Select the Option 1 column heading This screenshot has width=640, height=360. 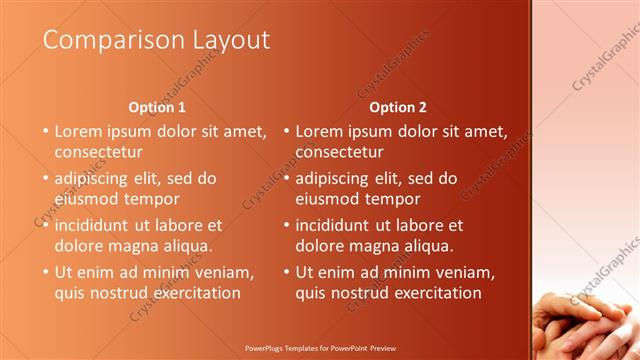coord(158,106)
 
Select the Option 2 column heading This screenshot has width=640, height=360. coord(398,106)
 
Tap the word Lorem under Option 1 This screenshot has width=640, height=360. coord(78,131)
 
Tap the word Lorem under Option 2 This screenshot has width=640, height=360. coord(319,131)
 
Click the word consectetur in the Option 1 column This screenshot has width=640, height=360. coord(98,152)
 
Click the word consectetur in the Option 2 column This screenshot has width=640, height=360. coord(339,152)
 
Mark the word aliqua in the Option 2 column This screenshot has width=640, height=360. coord(428,246)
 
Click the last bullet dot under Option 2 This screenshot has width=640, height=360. coord(286,272)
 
